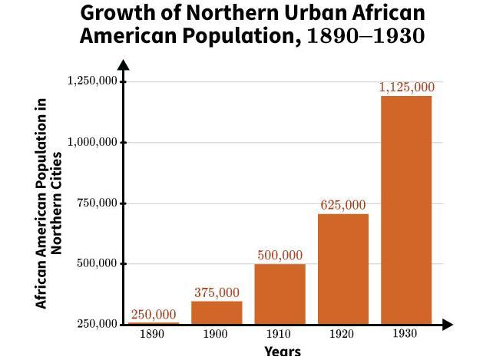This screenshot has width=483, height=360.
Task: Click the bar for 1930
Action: tap(406, 210)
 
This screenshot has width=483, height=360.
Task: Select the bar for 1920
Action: tap(343, 269)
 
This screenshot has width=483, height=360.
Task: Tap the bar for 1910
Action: tap(280, 294)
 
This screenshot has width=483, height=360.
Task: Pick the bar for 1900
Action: tap(217, 312)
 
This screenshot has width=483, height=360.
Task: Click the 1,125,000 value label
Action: tap(406, 88)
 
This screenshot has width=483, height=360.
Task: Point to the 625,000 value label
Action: tap(343, 205)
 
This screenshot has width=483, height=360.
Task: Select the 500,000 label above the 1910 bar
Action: tap(280, 256)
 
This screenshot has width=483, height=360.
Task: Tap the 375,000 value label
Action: tap(217, 292)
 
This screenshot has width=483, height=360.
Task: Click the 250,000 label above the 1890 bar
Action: tap(153, 315)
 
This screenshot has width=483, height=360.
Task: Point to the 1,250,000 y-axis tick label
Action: tap(91, 81)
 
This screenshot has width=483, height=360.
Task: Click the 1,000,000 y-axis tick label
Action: tap(91, 142)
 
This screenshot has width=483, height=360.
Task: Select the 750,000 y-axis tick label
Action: tap(98, 203)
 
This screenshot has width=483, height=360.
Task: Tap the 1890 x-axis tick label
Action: tap(153, 335)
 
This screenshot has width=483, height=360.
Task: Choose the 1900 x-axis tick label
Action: tap(217, 335)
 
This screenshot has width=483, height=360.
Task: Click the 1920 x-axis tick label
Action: tap(343, 335)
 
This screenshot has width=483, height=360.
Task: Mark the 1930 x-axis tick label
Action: tap(406, 335)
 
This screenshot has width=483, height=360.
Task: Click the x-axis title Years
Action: tap(282, 352)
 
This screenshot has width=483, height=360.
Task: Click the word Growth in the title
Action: tap(116, 14)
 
